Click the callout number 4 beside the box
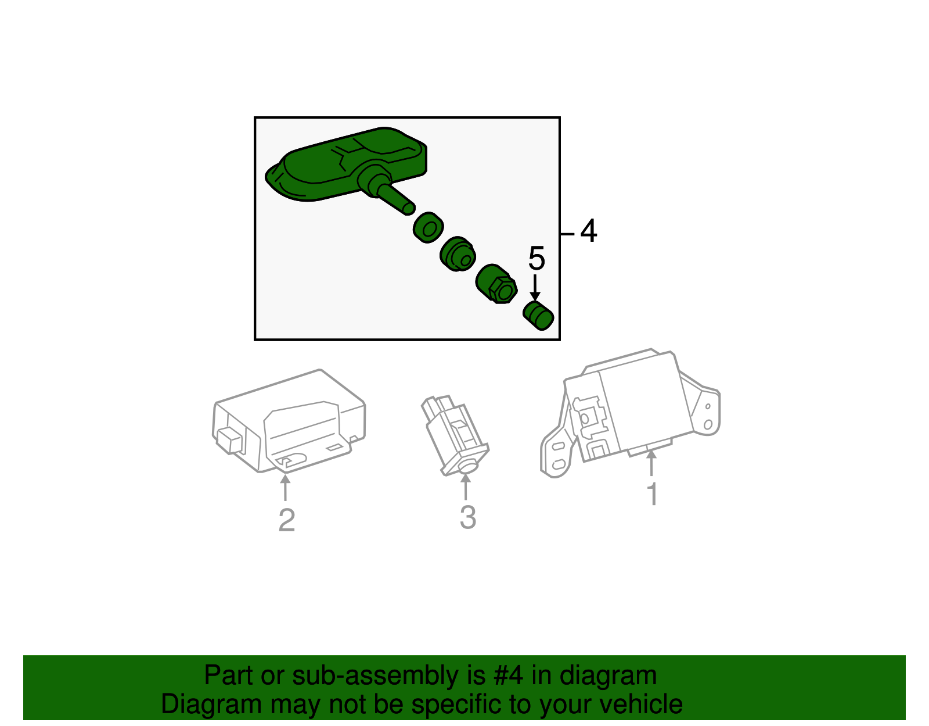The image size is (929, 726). coord(588,231)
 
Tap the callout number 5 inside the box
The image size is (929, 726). coord(536,259)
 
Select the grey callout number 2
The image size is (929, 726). coord(286,520)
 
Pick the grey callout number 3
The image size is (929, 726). coord(467,517)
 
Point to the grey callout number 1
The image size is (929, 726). coord(652,494)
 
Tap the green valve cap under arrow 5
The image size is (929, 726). coord(539,316)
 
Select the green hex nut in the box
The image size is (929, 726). coord(496,284)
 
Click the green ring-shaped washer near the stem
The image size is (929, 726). coord(429,227)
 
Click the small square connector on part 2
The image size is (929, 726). coord(230,440)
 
